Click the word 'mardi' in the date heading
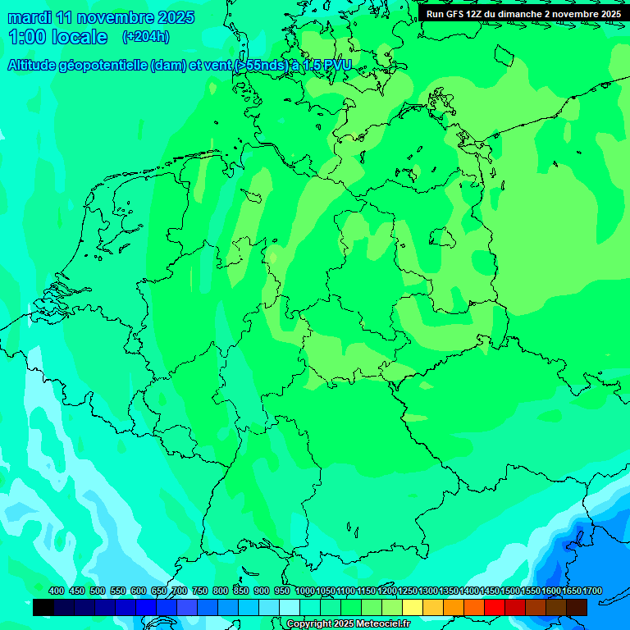tap(29, 17)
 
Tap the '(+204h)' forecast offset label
tap(146, 36)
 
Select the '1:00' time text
tap(26, 37)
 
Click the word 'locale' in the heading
tap(80, 37)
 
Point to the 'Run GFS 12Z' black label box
tap(523, 13)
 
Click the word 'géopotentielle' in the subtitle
tap(102, 66)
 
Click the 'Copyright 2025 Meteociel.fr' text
tap(348, 624)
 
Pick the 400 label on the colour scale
tap(56, 591)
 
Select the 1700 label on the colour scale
tap(592, 591)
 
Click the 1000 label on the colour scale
tap(305, 591)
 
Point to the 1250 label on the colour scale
tap(408, 591)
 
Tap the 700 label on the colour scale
tap(179, 591)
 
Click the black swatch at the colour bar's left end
tap(43, 608)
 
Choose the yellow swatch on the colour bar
tap(413, 608)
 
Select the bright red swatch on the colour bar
tap(495, 608)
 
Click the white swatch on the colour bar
tap(290, 608)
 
